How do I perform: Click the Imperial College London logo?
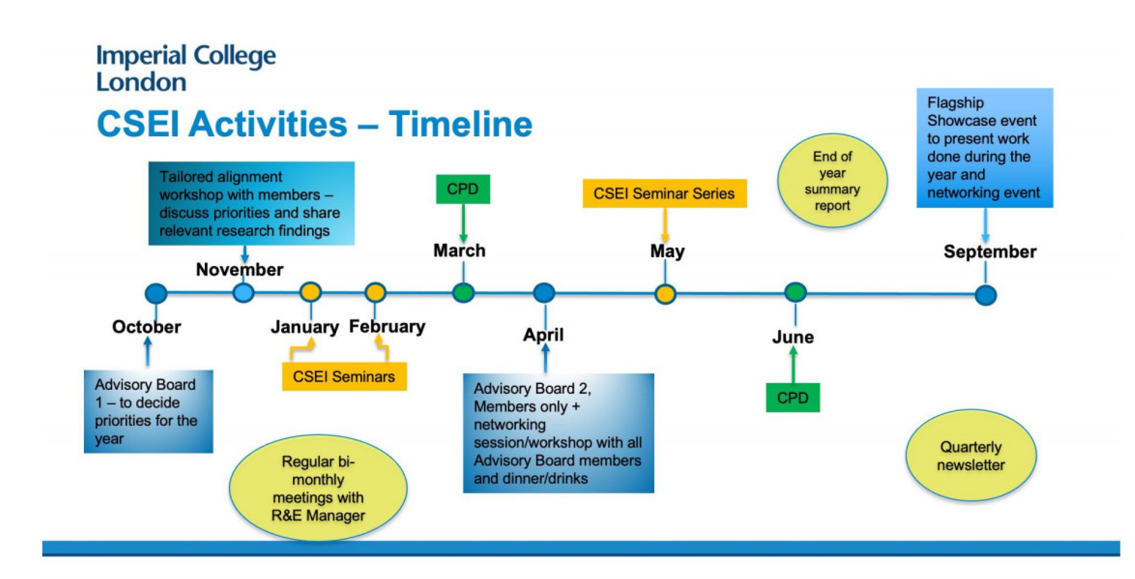pos(185,68)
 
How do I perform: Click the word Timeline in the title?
pos(460,124)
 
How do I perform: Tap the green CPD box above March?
pos(462,189)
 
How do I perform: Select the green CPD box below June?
pos(792,398)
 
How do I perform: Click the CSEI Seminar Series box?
pos(664,193)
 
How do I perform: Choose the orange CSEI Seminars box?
pos(344,376)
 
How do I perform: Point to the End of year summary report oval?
pos(832,181)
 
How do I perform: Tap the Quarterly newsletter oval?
pos(971,456)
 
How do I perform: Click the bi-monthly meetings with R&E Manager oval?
pos(318,488)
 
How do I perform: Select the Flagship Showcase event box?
pos(985,148)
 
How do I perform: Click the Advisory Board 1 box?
pos(148,411)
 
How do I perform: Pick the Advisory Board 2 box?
pos(558,433)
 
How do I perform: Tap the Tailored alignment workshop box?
pos(251,203)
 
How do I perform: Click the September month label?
pos(990,251)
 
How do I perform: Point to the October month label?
pos(147,326)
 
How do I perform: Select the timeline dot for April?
pos(544,292)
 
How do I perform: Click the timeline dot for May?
pos(665,294)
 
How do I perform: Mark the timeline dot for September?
pos(986,295)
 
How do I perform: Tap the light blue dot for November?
pos(243,292)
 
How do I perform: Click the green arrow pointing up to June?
pos(793,365)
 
